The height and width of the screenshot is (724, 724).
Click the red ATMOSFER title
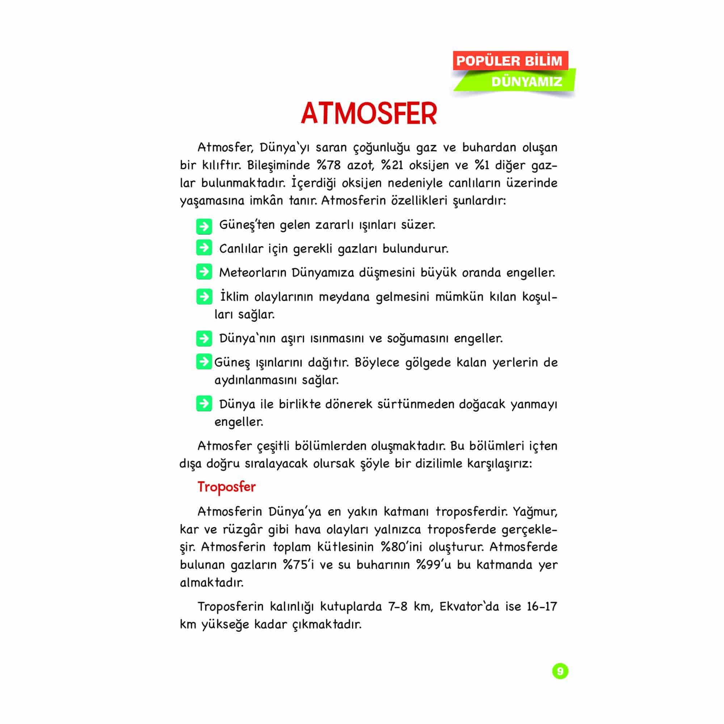[369, 114]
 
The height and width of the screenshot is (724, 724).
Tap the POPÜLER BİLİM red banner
[510, 61]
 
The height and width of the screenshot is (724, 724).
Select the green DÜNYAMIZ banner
[526, 82]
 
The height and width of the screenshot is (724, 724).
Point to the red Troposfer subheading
[226, 487]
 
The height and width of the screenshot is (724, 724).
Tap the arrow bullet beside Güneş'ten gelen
[204, 226]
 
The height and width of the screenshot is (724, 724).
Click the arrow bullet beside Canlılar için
[204, 248]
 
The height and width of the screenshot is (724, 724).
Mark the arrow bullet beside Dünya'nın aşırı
[204, 338]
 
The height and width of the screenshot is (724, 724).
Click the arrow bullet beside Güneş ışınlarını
[204, 362]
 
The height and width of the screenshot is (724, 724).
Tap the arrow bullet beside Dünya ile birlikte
[204, 404]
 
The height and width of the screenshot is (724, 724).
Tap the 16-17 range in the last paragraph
[542, 606]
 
